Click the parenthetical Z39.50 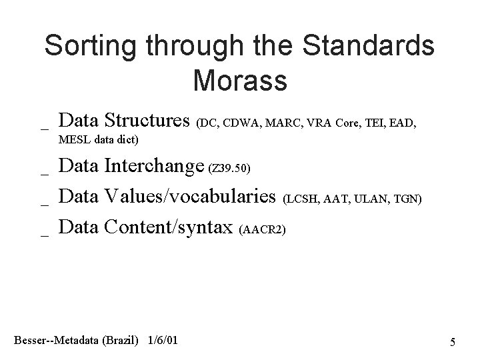tap(230, 169)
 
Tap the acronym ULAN tap(378, 199)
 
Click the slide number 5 tap(453, 343)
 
